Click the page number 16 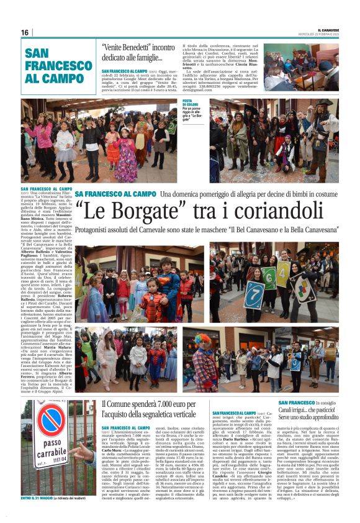coord(25,32)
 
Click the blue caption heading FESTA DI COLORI coord(190,102)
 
